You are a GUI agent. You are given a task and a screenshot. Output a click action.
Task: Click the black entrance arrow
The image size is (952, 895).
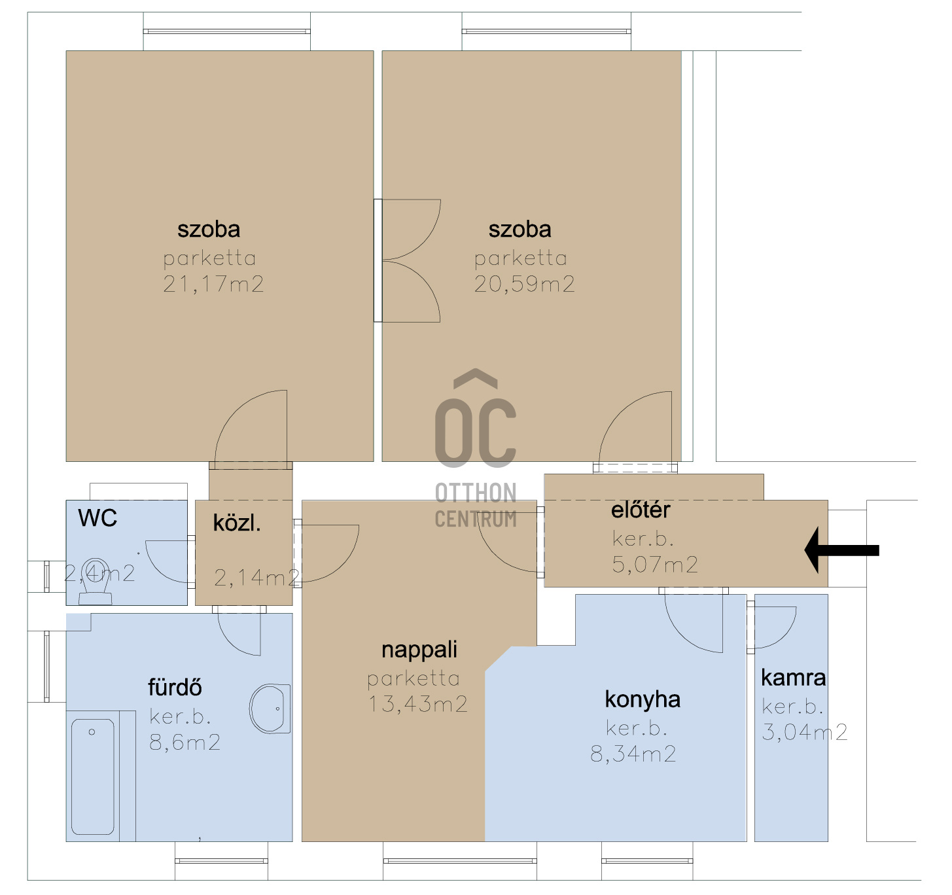coord(841,550)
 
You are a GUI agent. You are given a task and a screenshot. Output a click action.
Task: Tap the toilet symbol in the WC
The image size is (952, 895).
coord(96,580)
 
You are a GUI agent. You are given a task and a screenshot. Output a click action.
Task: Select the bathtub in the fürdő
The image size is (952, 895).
coord(93,777)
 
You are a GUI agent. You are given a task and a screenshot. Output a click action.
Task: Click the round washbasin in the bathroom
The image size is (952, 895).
coord(270,709)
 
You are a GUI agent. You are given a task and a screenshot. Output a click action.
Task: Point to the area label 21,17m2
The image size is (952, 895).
coord(213,285)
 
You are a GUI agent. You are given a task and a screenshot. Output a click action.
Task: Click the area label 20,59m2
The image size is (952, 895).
coord(524,285)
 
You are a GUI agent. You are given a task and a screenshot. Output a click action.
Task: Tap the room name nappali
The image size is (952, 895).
coord(419,650)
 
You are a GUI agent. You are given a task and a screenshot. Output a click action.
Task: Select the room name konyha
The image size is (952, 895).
coord(643,699)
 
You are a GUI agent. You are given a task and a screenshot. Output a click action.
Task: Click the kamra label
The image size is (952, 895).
coord(793,678)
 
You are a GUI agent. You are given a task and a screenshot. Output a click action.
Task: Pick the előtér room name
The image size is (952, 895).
coord(641,510)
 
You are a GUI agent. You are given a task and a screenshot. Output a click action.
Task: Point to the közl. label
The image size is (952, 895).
coord(237,523)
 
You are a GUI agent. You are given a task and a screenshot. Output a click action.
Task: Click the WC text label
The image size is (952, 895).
coord(97,518)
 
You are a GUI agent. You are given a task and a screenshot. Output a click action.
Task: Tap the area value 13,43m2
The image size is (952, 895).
coord(417,704)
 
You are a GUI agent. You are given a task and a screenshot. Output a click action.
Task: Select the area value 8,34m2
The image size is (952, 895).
coord(633,754)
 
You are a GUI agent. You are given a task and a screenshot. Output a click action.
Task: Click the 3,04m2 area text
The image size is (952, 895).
coord(805,732)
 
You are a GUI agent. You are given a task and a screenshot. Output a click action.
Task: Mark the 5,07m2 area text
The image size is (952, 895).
coord(655,565)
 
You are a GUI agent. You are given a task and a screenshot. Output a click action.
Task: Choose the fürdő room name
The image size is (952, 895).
coord(175,687)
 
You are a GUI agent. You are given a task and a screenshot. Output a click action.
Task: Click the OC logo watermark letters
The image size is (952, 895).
coord(476,419)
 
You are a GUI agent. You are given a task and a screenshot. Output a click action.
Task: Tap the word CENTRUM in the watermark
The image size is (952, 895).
coord(476,519)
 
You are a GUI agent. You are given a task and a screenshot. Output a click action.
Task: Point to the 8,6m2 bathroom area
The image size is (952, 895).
coord(185,743)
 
